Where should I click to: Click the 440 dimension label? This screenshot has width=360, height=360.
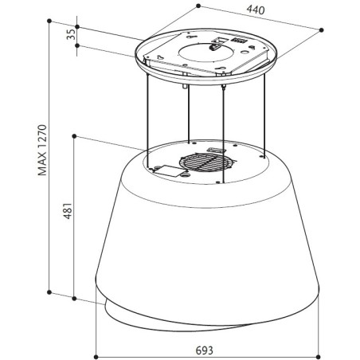point(256,10)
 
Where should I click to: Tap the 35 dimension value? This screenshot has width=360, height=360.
point(71,34)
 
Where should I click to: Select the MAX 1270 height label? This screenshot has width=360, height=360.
point(42,150)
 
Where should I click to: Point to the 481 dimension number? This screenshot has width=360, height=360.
point(68,211)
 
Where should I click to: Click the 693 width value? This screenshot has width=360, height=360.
point(205,350)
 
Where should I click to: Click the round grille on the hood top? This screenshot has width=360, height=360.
point(206,162)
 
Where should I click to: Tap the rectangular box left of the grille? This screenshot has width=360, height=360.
point(168,171)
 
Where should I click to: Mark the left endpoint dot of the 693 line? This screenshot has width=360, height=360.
point(96,357)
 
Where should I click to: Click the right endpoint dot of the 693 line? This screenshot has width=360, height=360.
point(319,357)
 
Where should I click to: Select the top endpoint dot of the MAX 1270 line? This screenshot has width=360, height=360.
point(49,21)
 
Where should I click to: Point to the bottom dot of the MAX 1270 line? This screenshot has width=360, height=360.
point(49,292)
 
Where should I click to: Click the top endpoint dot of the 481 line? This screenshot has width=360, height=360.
point(74,136)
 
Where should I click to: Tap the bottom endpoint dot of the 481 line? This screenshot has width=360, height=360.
point(74,299)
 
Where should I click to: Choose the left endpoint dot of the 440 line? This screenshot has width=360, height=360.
point(198,6)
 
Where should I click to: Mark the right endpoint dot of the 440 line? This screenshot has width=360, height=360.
point(322,30)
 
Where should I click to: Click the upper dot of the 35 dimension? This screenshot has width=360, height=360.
point(77,27)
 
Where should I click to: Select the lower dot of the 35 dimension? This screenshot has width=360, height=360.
point(77,45)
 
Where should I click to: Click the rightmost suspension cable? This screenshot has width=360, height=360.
point(264,115)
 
